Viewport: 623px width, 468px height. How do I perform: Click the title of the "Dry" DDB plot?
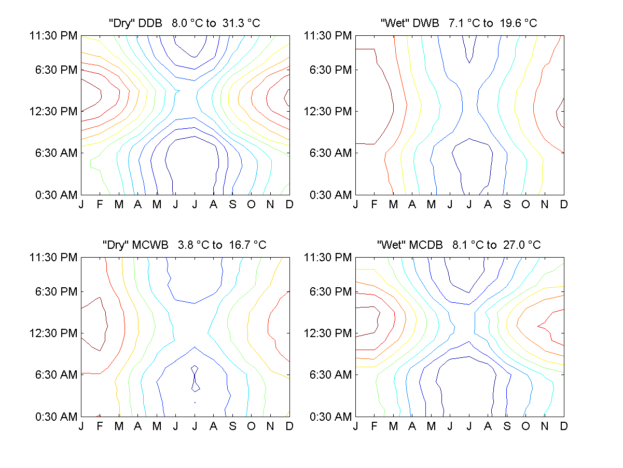pos(185,23)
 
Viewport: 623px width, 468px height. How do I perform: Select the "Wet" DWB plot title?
pos(459,23)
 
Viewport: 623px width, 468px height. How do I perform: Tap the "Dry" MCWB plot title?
pos(185,245)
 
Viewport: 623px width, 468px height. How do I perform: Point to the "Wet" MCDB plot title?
pos(459,245)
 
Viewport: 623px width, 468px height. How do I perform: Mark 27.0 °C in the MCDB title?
pos(521,245)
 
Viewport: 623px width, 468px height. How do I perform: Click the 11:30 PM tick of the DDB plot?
pos(54,36)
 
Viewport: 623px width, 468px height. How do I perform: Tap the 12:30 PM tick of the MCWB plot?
pos(54,333)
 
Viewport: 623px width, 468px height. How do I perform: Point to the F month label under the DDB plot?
pos(100,205)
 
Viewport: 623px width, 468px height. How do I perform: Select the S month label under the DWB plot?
pos(507,205)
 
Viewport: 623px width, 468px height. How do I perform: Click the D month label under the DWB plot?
pos(563,205)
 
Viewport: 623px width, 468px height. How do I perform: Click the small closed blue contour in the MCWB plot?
pos(195,378)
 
